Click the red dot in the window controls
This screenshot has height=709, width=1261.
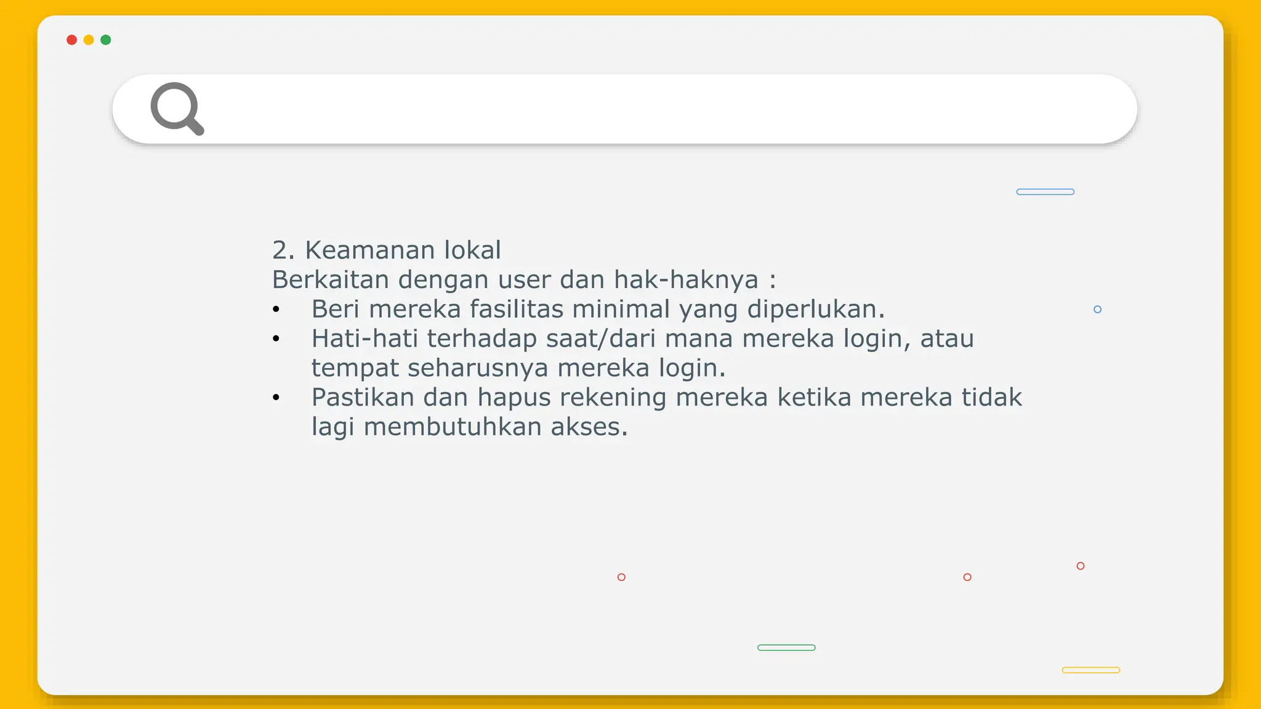click(x=71, y=40)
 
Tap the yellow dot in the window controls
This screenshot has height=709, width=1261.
click(x=89, y=40)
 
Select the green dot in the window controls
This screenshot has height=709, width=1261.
click(x=106, y=40)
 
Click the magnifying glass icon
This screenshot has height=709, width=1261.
click(x=177, y=108)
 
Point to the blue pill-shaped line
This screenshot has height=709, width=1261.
click(x=1045, y=192)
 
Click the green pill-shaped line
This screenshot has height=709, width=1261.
click(x=786, y=647)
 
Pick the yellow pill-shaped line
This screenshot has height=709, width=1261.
click(x=1090, y=670)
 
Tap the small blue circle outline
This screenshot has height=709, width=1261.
click(x=1097, y=310)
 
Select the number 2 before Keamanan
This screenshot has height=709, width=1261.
click(x=280, y=250)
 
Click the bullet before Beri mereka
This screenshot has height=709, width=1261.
click(x=276, y=310)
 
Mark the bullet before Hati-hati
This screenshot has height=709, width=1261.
click(x=276, y=338)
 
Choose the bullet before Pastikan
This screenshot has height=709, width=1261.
click(x=276, y=398)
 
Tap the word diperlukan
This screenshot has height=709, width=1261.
click(x=815, y=310)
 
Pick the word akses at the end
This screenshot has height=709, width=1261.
click(x=588, y=427)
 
